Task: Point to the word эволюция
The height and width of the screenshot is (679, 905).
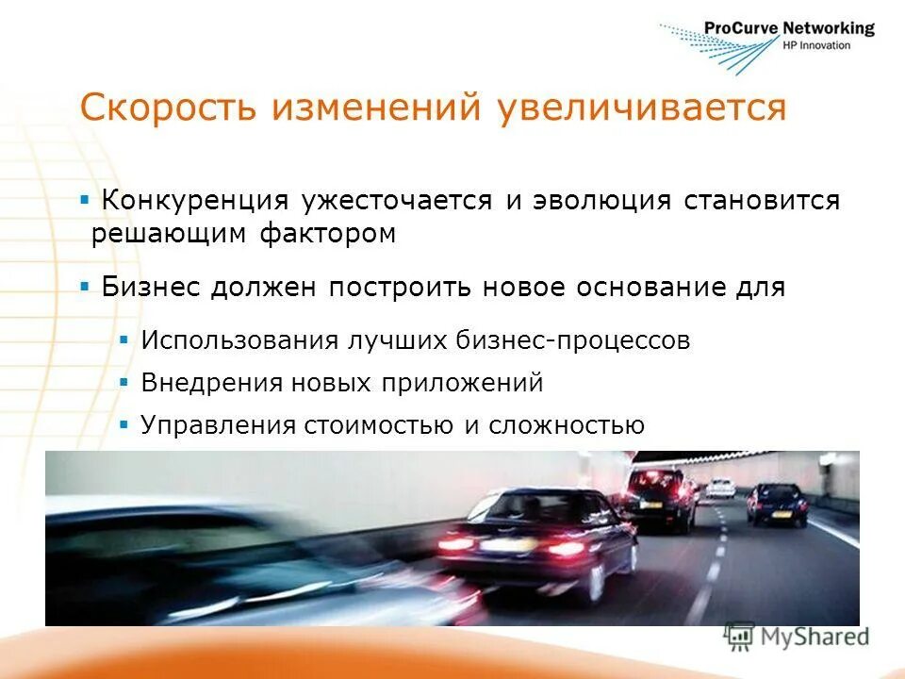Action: [602, 201]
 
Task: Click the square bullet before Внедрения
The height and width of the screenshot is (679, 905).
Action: [124, 383]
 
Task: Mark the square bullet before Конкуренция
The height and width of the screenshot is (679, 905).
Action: [85, 200]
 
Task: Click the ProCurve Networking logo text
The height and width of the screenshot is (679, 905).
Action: [789, 29]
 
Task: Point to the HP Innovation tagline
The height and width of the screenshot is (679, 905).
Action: [816, 45]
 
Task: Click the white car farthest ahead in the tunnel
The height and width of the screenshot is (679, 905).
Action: [721, 488]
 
